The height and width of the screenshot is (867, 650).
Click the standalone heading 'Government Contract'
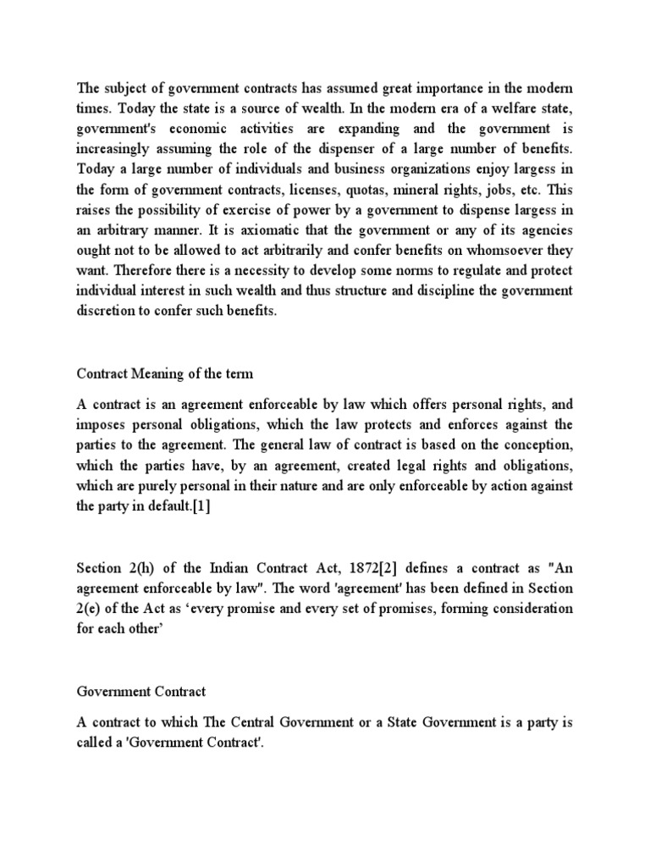click(141, 692)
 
